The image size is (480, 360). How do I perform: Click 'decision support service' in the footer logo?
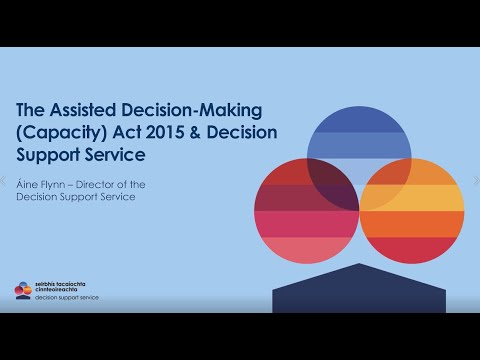coord(65,298)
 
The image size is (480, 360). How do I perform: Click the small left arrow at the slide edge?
coord(5,181)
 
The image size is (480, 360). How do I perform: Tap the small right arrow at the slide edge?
coord(475,181)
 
